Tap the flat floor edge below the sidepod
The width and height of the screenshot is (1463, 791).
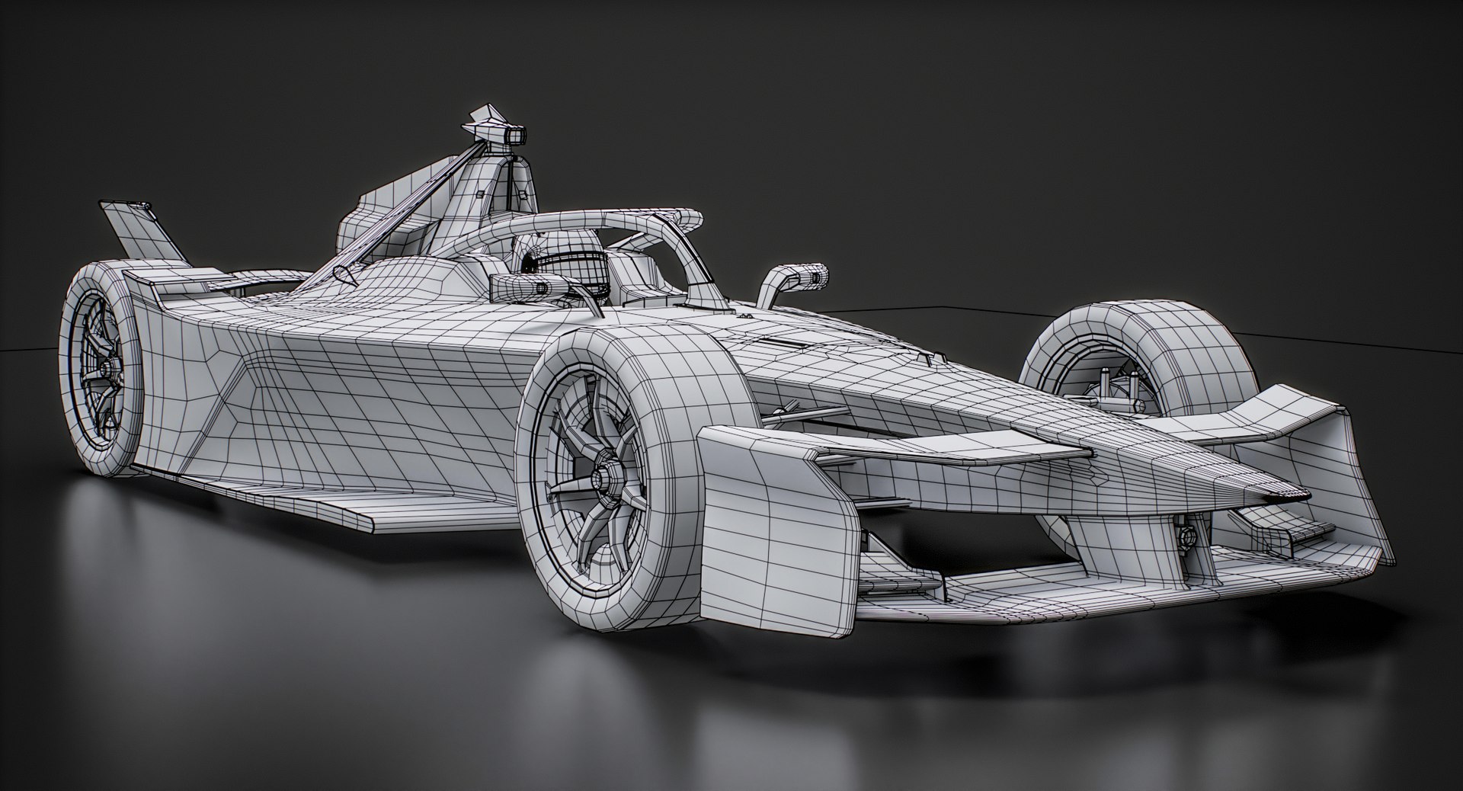coord(305,507)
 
